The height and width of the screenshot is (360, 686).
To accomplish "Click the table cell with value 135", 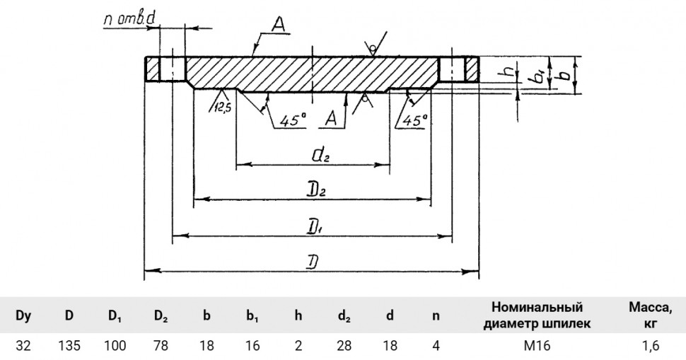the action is point(69,346).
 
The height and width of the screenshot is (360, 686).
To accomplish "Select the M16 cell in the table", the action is point(537,346).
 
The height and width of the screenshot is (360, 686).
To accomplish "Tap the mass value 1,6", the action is point(651,346).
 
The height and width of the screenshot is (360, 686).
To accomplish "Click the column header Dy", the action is point(23,315).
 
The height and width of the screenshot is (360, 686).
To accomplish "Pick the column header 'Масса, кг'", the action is point(651,315).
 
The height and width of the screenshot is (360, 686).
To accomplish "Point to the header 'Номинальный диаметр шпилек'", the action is point(537,315).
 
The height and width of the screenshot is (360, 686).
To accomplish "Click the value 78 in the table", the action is point(161,346).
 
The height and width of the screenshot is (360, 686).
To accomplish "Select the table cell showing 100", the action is point(115,346).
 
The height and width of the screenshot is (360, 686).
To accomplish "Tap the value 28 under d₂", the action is point(344,346).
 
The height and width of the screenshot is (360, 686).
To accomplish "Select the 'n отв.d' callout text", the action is point(130,20).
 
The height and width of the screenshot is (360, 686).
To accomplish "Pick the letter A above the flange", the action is point(279,25).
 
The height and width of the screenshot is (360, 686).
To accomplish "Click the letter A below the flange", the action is point(331,119).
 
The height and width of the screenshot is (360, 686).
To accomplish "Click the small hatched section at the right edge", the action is point(472,69).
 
